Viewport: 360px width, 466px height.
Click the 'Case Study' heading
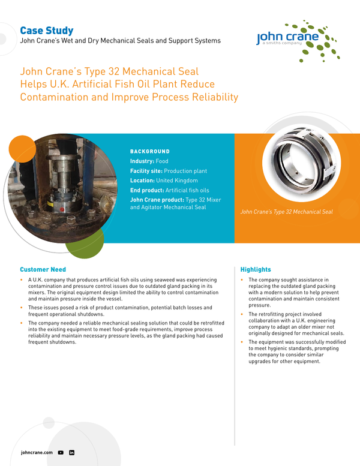[47, 31]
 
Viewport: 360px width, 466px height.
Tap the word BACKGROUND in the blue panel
[150, 152]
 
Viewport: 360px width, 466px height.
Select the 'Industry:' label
[142, 161]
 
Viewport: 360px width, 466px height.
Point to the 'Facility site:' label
[146, 171]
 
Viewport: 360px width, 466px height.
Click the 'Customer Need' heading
[43, 269]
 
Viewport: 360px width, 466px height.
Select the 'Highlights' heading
[256, 269]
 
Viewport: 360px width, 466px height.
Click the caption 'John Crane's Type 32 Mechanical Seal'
[286, 211]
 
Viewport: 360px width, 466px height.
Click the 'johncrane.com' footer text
[37, 452]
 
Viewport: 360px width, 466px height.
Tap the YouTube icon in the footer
[61, 452]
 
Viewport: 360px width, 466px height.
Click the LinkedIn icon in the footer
[71, 452]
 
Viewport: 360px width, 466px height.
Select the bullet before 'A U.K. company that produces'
[22, 280]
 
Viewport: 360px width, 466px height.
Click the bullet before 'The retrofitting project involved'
[242, 314]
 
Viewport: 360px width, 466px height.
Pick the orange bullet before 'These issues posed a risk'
[22, 308]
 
